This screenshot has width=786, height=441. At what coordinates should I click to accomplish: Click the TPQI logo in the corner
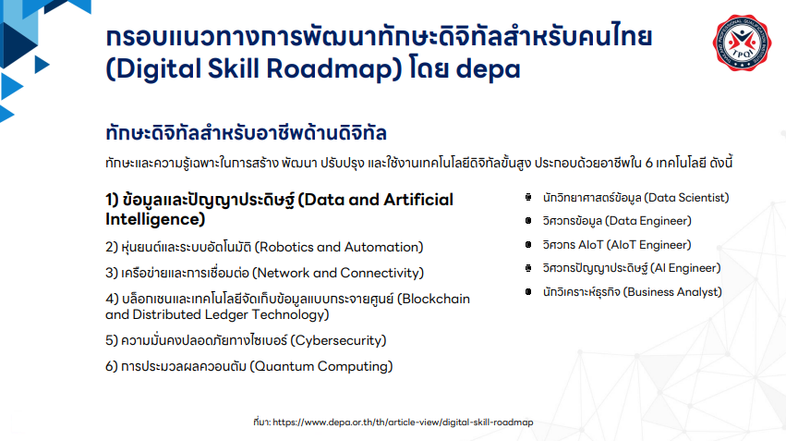point(742,43)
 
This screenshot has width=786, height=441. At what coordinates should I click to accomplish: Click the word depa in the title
point(489,68)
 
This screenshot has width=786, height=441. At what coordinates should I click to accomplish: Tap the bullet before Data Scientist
point(527,198)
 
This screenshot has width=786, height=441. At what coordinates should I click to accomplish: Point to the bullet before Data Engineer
point(527,221)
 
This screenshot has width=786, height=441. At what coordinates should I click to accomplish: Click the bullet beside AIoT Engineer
point(527,245)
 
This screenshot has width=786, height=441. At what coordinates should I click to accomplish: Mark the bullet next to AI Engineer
point(527,268)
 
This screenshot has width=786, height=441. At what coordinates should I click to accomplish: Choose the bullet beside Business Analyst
point(527,292)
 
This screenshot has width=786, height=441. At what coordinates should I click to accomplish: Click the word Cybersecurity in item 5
point(338,340)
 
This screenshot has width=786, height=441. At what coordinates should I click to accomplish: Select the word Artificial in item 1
point(418,200)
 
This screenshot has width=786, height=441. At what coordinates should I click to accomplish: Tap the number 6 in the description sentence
point(648,163)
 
